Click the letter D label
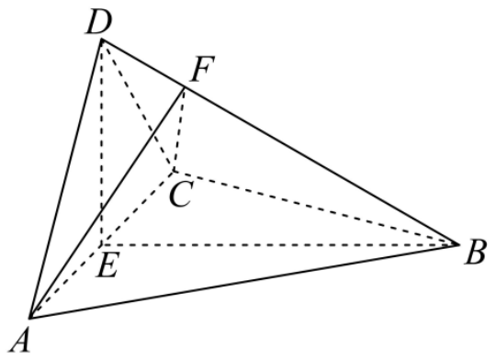tap(99, 23)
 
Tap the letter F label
tap(203, 69)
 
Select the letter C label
tap(181, 194)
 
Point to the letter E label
tap(107, 266)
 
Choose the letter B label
tap(475, 253)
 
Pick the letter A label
tap(20, 340)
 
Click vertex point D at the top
tap(101, 39)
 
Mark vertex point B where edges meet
tap(458, 244)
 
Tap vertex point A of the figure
tap(29, 317)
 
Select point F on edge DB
tap(185, 88)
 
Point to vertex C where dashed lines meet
tap(174, 171)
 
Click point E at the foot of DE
tap(101, 245)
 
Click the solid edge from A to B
tap(244, 281)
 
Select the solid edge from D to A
tap(65, 178)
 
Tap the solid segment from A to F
tap(107, 203)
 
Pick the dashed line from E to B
tap(280, 244)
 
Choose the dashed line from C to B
tap(316, 208)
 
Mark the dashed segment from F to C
tap(179, 129)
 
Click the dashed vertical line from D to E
tap(101, 142)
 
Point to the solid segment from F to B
tap(321, 166)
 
